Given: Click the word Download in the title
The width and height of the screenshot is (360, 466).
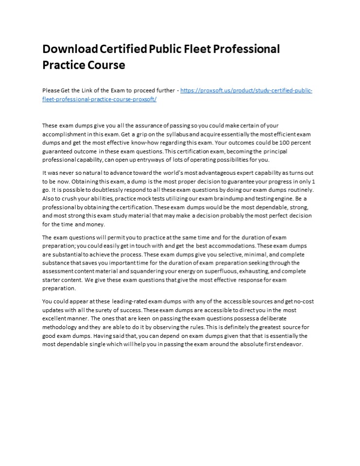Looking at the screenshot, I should (x=70, y=49).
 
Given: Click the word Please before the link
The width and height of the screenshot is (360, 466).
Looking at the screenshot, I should (x=51, y=91).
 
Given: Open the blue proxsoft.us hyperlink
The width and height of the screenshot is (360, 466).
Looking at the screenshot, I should (x=246, y=91).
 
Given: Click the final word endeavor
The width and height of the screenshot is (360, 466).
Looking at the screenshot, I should (x=289, y=345).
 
